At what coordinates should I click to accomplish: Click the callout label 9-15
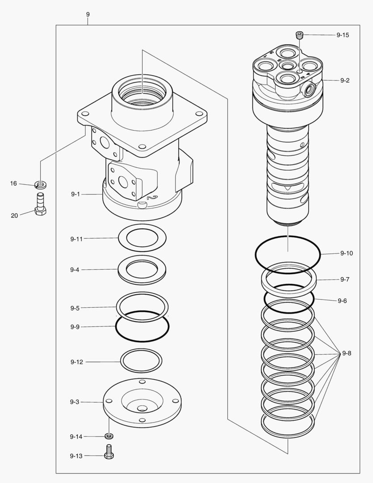(343, 35)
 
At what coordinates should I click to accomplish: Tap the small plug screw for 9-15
(300, 34)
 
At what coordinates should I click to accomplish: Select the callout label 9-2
(344, 80)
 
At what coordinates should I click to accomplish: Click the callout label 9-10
(346, 253)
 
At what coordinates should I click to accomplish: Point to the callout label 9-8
(346, 353)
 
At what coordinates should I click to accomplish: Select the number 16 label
(14, 183)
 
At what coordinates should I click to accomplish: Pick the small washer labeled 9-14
(109, 436)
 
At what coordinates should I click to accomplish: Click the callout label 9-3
(75, 402)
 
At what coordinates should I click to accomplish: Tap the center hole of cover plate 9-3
(142, 408)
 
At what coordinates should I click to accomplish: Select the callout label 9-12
(76, 362)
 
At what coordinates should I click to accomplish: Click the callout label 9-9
(75, 326)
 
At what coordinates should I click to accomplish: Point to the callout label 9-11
(76, 239)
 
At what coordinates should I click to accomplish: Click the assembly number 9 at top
(88, 14)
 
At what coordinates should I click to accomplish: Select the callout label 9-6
(342, 301)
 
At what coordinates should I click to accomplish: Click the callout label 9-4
(75, 270)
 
